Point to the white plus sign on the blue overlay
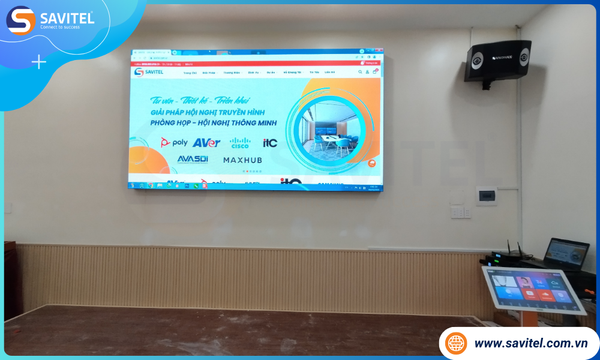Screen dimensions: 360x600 click(x=39, y=62)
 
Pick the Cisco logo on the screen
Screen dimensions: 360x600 click(x=238, y=144)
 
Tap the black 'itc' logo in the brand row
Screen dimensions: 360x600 click(x=269, y=143)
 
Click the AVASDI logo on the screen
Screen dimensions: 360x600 click(x=192, y=159)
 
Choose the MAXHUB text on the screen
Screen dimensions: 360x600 click(x=242, y=160)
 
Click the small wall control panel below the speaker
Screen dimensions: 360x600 click(x=486, y=195)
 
